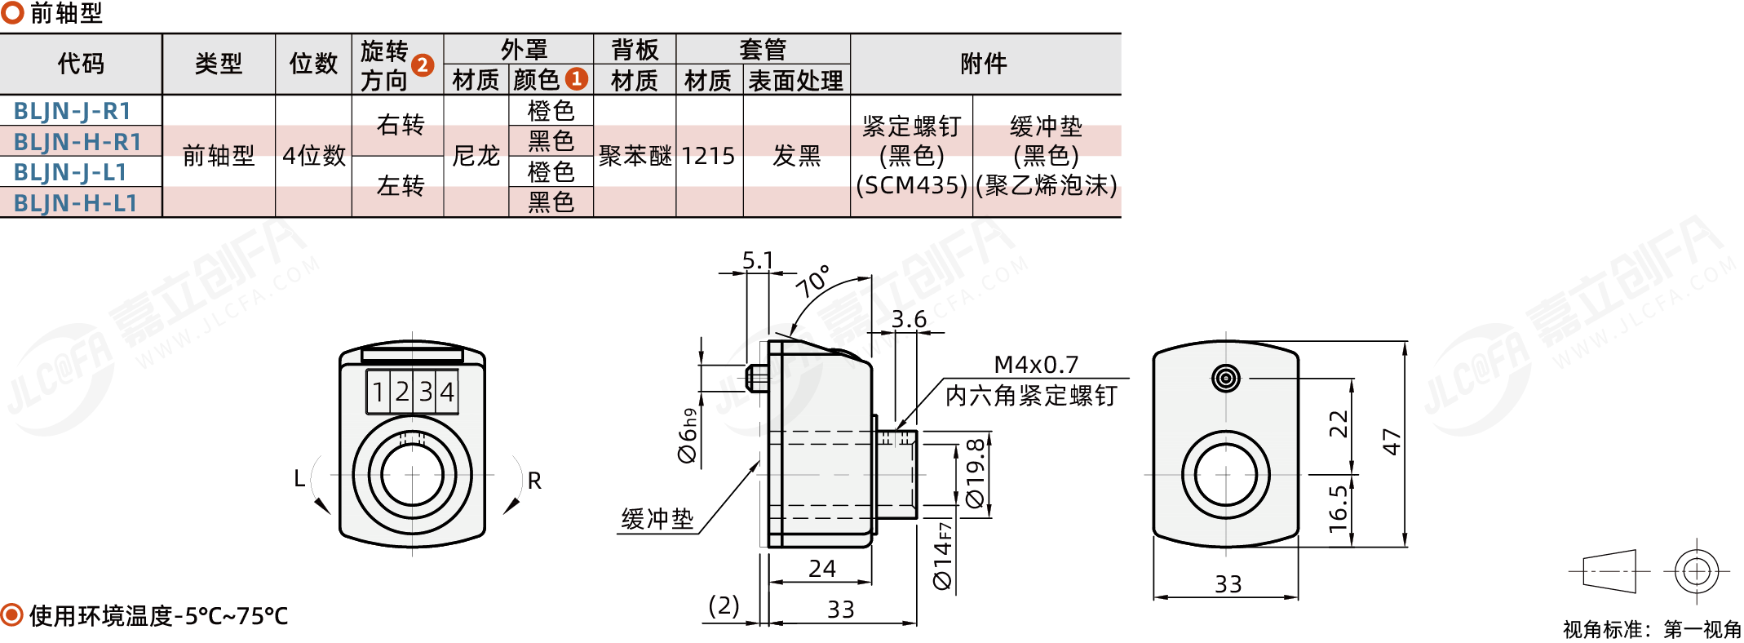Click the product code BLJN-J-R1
pyautogui.click(x=72, y=111)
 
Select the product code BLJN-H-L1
pyautogui.click(x=75, y=203)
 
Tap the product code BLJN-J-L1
pyautogui.click(x=70, y=172)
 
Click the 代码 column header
pyautogui.click(x=81, y=64)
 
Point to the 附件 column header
pyautogui.click(x=984, y=64)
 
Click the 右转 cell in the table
pyautogui.click(x=401, y=125)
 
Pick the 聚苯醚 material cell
pyautogui.click(x=635, y=156)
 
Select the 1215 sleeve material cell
pyautogui.click(x=708, y=156)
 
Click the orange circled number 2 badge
pyautogui.click(x=423, y=64)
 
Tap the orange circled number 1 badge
pyautogui.click(x=577, y=78)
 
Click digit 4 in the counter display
pyautogui.click(x=447, y=392)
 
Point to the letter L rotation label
pyautogui.click(x=299, y=479)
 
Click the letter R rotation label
pyautogui.click(x=534, y=481)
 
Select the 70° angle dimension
pyautogui.click(x=812, y=282)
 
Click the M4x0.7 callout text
pyautogui.click(x=1036, y=364)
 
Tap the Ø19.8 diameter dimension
pyautogui.click(x=976, y=474)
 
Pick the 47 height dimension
pyautogui.click(x=1392, y=442)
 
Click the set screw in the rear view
pyautogui.click(x=1226, y=378)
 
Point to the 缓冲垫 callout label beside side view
pyautogui.click(x=657, y=519)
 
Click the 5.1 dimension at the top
pyautogui.click(x=758, y=260)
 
